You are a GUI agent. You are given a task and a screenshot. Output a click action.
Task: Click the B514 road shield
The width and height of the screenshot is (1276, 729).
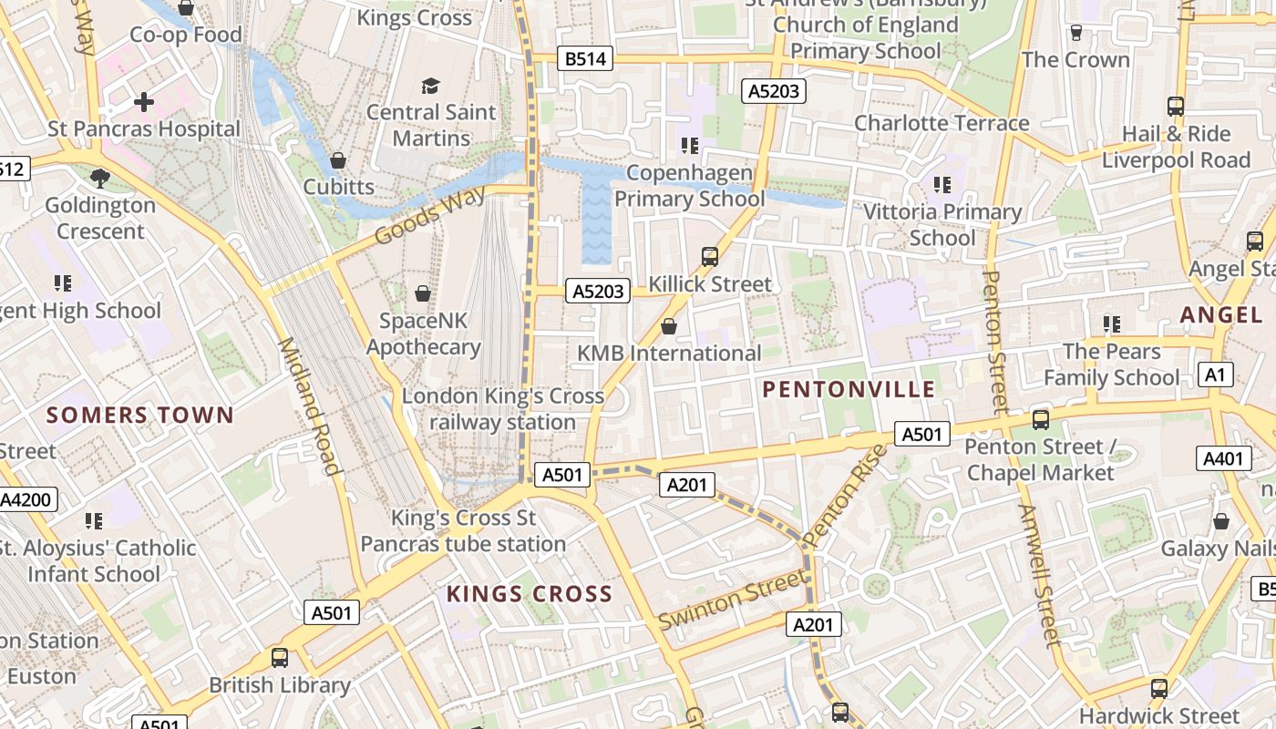[x=583, y=59]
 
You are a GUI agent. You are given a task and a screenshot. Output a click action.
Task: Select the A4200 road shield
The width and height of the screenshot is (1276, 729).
[x=27, y=499]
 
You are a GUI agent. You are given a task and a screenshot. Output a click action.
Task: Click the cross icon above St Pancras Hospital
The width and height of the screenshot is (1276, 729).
[x=144, y=102]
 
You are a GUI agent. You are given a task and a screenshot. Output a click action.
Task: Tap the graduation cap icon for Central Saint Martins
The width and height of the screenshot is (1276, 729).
[x=430, y=86]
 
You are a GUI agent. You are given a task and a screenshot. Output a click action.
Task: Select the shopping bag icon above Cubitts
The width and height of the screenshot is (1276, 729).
[x=338, y=160]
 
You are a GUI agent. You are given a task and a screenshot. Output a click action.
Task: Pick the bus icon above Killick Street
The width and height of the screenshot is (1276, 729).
[x=710, y=257]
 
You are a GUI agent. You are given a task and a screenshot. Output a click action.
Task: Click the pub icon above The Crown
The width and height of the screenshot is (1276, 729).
[x=1076, y=33]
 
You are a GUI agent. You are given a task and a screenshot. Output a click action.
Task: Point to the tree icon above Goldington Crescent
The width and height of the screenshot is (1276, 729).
[x=100, y=178]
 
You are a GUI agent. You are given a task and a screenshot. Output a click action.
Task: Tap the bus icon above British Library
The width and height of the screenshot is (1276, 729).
[x=280, y=658]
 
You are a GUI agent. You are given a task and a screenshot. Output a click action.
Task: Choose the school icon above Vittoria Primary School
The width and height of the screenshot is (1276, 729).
[x=942, y=185]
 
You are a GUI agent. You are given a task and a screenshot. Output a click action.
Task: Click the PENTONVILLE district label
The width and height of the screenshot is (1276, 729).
[x=849, y=390]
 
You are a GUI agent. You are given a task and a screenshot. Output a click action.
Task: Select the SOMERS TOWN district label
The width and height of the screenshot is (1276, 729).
[x=140, y=416]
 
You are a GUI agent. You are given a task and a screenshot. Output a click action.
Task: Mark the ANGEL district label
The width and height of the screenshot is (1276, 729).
[x=1221, y=315]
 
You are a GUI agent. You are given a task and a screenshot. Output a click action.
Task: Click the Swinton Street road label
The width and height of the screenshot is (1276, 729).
[x=733, y=599]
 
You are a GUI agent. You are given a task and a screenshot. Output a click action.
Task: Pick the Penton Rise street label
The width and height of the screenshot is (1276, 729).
[x=847, y=496]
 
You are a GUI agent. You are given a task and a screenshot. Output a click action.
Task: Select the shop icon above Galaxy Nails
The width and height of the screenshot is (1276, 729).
[x=1221, y=521]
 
